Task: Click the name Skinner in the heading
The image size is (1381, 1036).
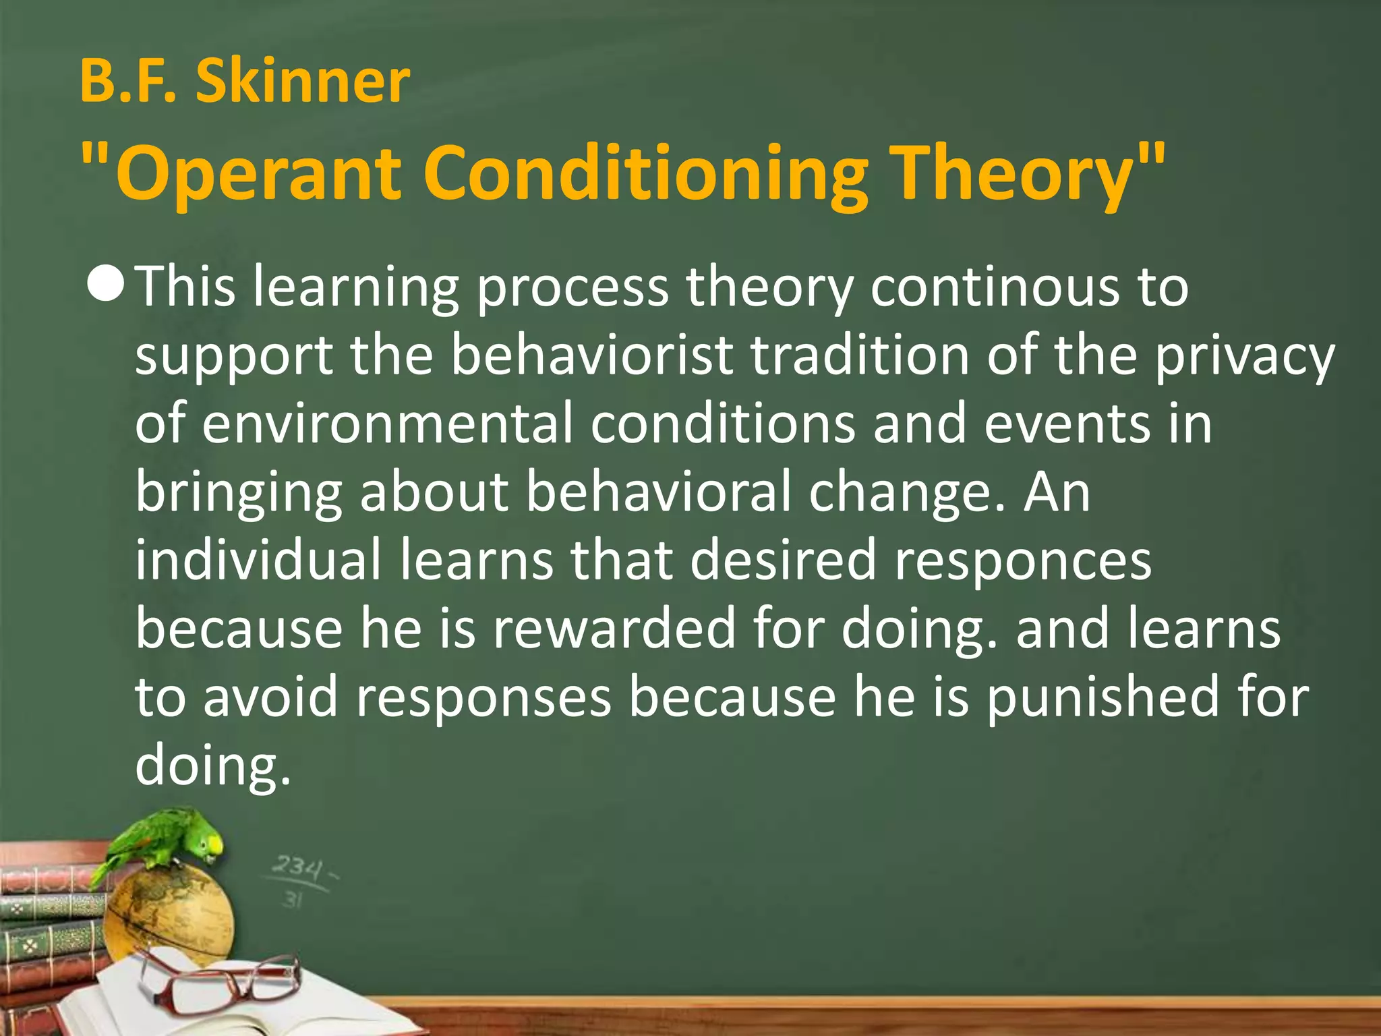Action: point(303,82)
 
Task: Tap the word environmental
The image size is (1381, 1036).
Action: point(387,424)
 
